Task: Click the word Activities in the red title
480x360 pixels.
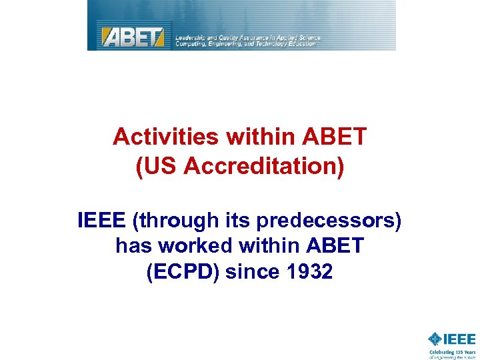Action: (167, 137)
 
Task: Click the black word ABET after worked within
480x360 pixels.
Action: (335, 246)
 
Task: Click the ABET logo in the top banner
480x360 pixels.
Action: (132, 35)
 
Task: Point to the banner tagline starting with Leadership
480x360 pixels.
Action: (248, 41)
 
